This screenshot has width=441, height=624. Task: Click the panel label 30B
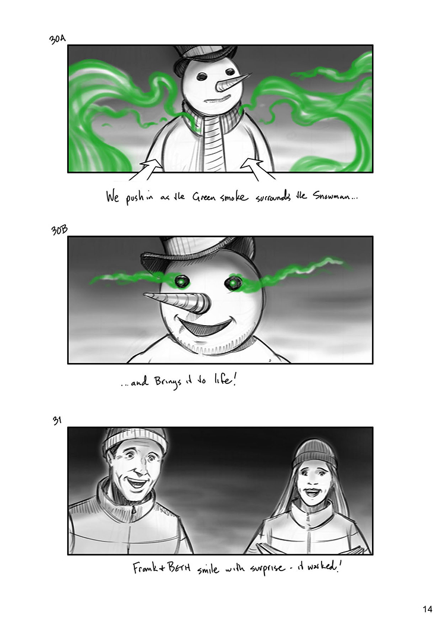pos(59,230)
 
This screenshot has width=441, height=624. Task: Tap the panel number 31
pos(57,420)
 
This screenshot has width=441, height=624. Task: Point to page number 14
pos(427,609)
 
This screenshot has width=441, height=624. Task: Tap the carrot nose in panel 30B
pos(177,302)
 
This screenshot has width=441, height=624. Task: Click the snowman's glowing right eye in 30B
pos(231,283)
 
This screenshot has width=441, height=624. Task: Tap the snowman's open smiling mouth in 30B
pos(204,324)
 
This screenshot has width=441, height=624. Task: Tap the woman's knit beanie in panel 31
pos(314,453)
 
